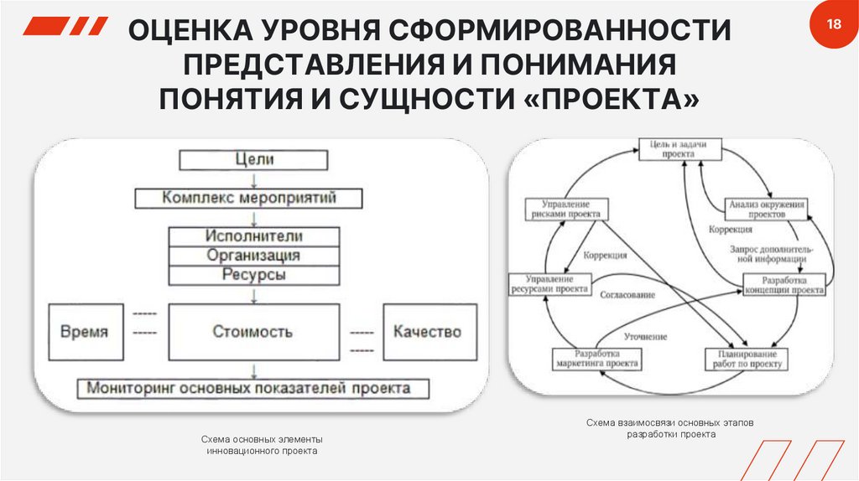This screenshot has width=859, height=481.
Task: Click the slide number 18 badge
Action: click(833, 24)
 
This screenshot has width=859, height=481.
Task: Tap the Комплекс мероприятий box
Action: click(249, 199)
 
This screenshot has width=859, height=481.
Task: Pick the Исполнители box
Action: click(254, 236)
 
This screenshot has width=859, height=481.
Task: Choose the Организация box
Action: click(254, 256)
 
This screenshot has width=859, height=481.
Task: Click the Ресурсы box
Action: click(254, 275)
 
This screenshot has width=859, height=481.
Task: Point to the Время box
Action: click(84, 332)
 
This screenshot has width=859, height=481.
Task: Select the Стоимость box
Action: click(254, 332)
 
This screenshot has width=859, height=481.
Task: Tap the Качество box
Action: click(427, 332)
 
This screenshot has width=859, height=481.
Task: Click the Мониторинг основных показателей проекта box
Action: click(252, 389)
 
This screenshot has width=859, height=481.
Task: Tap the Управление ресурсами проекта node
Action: click(548, 284)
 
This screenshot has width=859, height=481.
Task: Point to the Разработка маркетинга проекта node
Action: click(596, 359)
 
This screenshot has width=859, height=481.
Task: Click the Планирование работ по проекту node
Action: click(744, 359)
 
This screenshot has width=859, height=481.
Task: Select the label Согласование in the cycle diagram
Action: click(627, 295)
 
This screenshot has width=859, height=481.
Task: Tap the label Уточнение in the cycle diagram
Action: click(646, 336)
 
